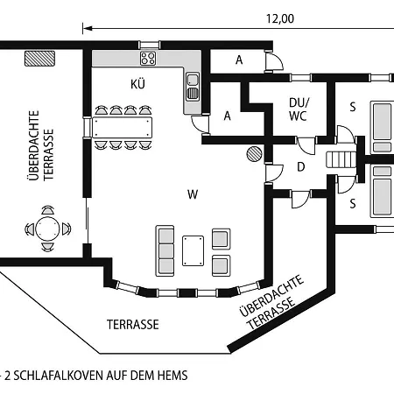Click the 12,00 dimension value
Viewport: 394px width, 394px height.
pyautogui.click(x=280, y=18)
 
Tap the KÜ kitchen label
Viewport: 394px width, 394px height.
pyautogui.click(x=137, y=84)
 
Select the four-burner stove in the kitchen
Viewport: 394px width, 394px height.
pyautogui.click(x=148, y=58)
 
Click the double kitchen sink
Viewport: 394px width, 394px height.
pyautogui.click(x=193, y=87)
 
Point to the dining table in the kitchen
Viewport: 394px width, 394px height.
pyautogui.click(x=123, y=127)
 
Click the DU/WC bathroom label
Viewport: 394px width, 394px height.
pyautogui.click(x=298, y=109)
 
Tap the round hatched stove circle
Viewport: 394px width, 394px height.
pyautogui.click(x=254, y=154)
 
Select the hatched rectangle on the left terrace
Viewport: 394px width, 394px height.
pyautogui.click(x=39, y=59)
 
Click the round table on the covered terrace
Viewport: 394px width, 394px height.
pyautogui.click(x=47, y=229)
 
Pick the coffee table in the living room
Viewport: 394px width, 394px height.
pyautogui.click(x=193, y=251)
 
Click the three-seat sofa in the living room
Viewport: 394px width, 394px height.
pyautogui.click(x=165, y=250)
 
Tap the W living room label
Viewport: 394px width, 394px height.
pyautogui.click(x=193, y=194)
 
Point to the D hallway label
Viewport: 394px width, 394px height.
pyautogui.click(x=301, y=167)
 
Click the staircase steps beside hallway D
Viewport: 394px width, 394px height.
pyautogui.click(x=341, y=159)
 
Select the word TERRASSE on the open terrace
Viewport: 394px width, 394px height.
pyautogui.click(x=133, y=325)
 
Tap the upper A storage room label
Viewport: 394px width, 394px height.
pyautogui.click(x=239, y=60)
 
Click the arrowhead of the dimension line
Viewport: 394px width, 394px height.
pyautogui.click(x=88, y=29)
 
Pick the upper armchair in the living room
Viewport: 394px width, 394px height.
pyautogui.click(x=221, y=239)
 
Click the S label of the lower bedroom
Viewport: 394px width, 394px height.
pyautogui.click(x=353, y=203)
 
